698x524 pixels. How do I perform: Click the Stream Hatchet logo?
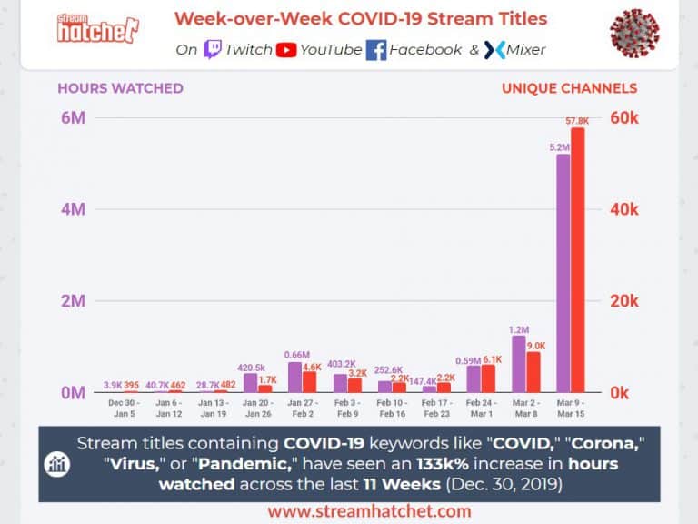[x=97, y=29]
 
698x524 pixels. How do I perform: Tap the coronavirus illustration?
[x=634, y=34]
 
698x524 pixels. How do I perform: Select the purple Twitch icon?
[x=213, y=49]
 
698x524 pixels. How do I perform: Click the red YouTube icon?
[x=286, y=49]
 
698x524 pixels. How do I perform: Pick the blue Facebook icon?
[x=376, y=50]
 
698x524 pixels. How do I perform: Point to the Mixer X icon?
[x=494, y=50]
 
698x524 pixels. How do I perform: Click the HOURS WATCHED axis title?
[x=120, y=88]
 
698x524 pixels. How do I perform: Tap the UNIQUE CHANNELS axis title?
[x=569, y=88]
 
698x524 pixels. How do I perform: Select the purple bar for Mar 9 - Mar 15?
[x=563, y=273]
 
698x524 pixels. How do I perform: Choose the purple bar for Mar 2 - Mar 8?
[x=519, y=364]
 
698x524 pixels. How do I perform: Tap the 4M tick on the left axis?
[x=72, y=209]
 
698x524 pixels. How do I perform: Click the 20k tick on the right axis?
[x=624, y=301]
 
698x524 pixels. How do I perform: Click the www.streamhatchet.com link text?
[x=370, y=511]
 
